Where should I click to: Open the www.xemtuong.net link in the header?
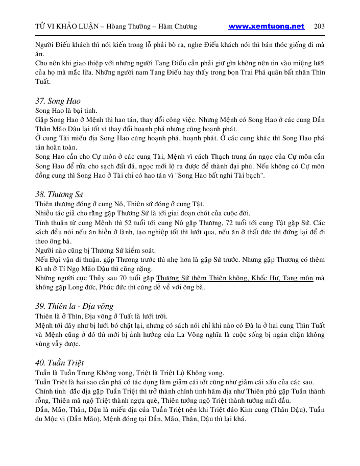tap(266, 27)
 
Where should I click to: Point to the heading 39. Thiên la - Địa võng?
tap(75, 306)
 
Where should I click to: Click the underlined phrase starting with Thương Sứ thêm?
tap(234, 278)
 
